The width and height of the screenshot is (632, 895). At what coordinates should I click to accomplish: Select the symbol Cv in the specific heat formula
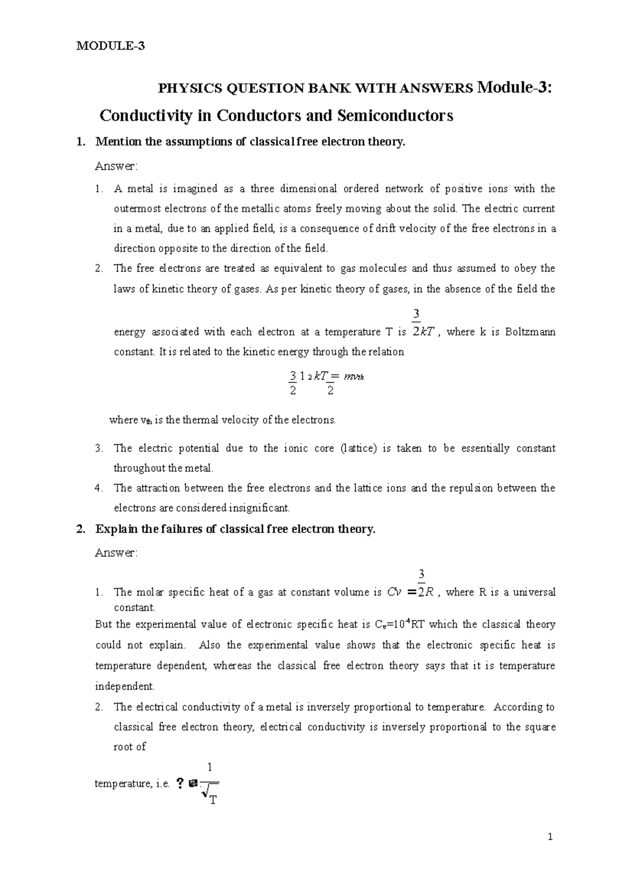pos(393,592)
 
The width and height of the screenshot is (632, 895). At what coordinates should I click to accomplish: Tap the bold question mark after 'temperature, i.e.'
pos(180,784)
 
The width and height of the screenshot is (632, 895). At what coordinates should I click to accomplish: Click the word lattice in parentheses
pos(359,449)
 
